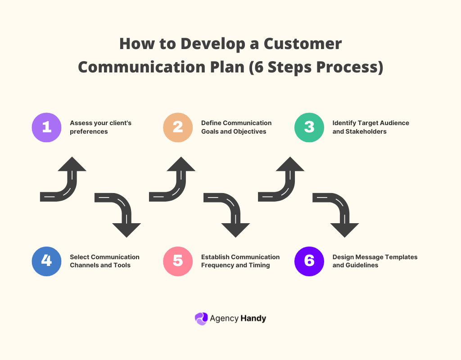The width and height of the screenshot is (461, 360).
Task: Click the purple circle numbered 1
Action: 46,127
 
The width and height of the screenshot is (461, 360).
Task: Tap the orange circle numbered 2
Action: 178,127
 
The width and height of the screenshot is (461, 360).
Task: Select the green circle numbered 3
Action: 309,127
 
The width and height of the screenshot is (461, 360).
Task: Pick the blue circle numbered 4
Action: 46,261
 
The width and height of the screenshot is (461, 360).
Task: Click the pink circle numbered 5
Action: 178,261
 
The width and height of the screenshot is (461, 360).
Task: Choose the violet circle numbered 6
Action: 309,261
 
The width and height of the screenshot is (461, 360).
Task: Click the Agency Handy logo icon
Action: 201,319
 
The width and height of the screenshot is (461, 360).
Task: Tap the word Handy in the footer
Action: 253,319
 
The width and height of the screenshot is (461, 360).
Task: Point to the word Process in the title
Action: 348,67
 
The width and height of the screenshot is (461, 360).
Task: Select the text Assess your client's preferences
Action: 100,127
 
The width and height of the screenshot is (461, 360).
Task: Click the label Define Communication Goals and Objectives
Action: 236,127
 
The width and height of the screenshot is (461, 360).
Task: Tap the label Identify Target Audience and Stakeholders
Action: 371,127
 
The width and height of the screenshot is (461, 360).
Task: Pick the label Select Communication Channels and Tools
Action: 104,261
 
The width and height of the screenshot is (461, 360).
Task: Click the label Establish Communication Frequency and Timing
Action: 240,261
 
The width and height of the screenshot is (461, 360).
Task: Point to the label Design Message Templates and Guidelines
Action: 375,261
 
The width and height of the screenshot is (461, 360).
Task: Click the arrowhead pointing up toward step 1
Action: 72,165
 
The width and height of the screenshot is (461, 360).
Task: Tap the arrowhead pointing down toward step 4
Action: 127,229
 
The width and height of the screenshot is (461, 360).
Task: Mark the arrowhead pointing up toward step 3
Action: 290,165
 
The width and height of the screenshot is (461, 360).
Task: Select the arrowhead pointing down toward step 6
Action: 344,229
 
